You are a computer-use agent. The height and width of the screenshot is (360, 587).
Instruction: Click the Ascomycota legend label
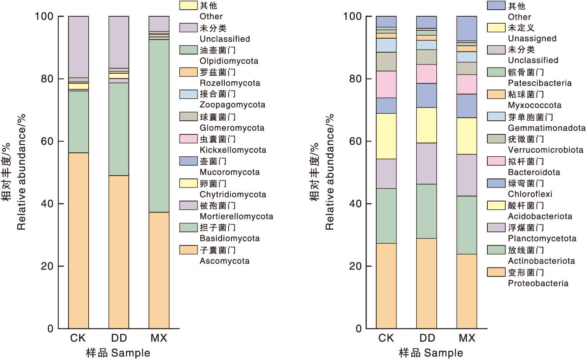[224, 261]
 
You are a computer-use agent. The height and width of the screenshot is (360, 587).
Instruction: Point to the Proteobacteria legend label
[538, 283]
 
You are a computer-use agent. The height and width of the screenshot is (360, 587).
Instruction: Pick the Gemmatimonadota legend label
[547, 128]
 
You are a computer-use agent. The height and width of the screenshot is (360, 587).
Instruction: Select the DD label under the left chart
[119, 338]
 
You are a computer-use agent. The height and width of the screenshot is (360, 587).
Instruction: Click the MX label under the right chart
[467, 338]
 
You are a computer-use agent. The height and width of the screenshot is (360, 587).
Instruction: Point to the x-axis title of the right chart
[430, 353]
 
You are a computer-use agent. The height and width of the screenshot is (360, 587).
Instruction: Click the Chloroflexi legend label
[530, 194]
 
